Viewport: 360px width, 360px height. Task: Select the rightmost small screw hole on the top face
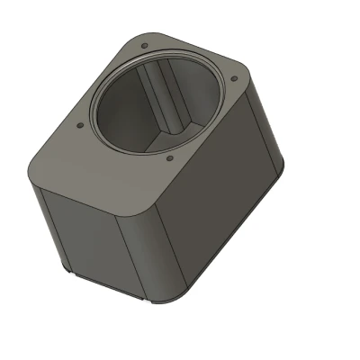pos(234,79)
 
